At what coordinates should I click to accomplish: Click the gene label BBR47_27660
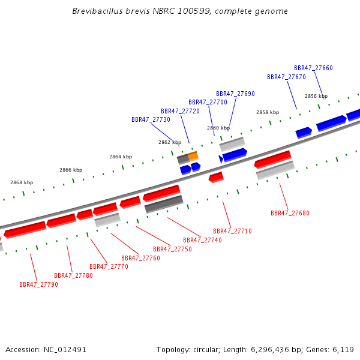point(313,68)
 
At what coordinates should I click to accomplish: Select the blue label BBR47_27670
point(286,77)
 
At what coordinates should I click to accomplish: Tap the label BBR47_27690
point(235,94)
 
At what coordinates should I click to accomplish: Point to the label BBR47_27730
point(151,119)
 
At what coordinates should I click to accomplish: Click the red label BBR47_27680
point(290,213)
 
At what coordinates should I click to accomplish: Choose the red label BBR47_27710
point(232,231)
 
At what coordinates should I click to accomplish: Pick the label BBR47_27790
point(38,284)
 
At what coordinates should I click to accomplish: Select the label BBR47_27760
point(140,258)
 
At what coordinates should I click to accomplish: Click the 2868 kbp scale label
point(22,182)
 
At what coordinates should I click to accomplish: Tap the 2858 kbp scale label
point(268,112)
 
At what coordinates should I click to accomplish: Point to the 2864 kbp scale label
point(121,157)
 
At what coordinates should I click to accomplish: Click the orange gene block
point(193,156)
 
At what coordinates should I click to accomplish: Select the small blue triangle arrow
point(221,159)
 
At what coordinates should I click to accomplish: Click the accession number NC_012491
point(65,350)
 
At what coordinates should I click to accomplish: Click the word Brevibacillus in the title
point(97,11)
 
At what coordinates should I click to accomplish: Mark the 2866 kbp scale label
point(71,170)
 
